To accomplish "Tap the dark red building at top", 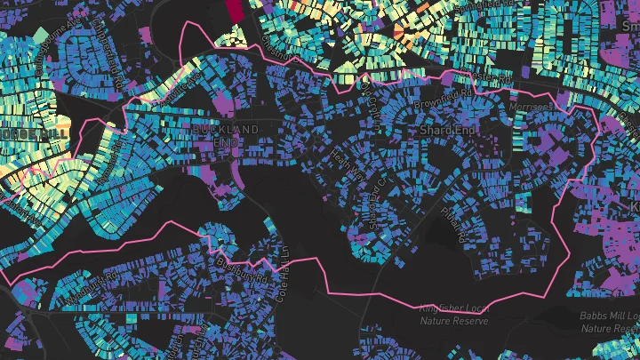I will coord(234,10).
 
